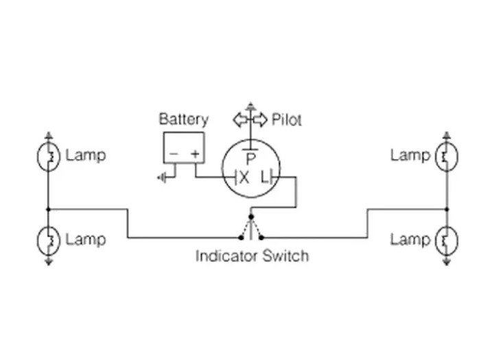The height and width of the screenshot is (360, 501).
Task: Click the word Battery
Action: (183, 119)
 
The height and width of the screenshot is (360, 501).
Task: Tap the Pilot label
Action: (286, 119)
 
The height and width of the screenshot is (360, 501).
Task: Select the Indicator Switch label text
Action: (252, 256)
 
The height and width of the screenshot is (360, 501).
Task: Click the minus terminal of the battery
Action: (173, 155)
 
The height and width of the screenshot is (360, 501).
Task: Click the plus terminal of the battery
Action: (196, 155)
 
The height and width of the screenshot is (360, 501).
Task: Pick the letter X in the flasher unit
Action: (244, 178)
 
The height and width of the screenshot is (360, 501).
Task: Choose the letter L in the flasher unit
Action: (265, 178)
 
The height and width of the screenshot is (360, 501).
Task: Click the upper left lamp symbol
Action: (48, 157)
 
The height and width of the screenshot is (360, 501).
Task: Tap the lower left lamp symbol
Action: (48, 241)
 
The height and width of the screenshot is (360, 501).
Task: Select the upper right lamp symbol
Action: (447, 157)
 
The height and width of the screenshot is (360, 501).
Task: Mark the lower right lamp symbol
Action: (447, 241)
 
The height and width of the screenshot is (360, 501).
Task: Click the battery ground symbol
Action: (162, 178)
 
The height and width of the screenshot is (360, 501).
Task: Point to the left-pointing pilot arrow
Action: (240, 120)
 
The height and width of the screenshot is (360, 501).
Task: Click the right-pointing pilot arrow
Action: (260, 120)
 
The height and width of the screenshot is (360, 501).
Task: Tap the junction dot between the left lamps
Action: (48, 209)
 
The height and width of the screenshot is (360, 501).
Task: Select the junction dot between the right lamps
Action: (447, 209)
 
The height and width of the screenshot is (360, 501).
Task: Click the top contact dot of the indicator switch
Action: (251, 217)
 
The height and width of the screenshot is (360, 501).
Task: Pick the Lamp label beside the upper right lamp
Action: (410, 155)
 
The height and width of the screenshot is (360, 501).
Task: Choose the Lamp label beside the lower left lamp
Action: (86, 239)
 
